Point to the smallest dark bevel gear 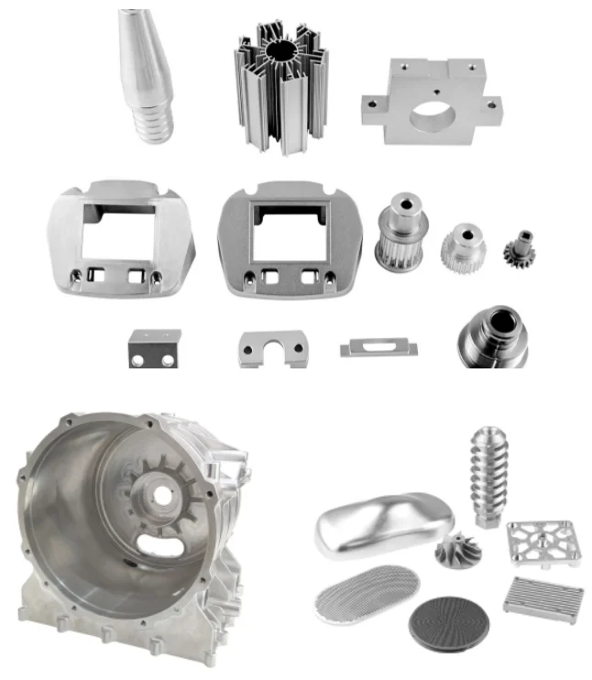click(519, 248)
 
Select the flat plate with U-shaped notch click(272, 348)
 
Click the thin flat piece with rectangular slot click(378, 347)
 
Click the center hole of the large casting click(162, 496)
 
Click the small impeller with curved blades click(459, 554)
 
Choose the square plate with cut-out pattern click(543, 543)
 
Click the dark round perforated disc click(448, 622)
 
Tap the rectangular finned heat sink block click(543, 600)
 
